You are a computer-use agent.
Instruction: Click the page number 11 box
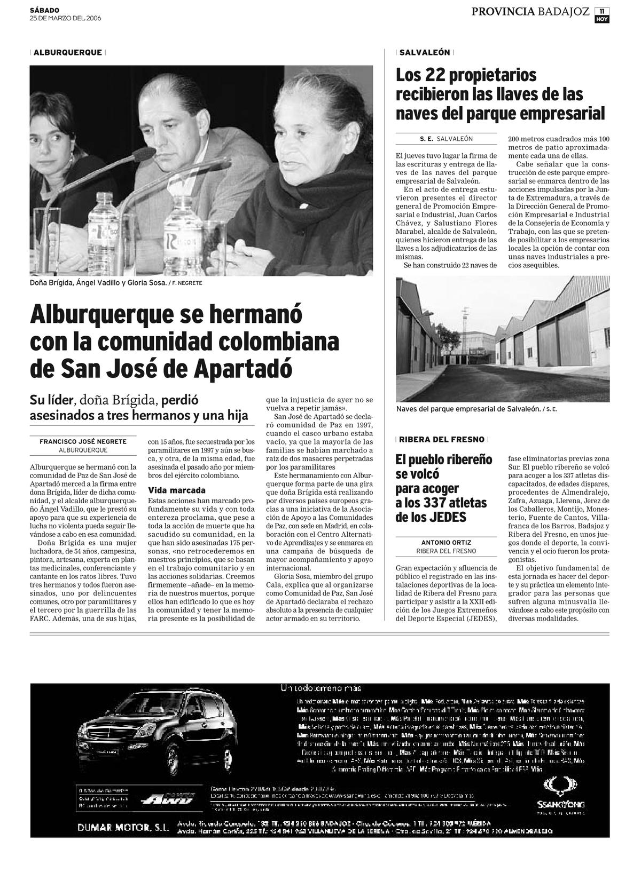pyautogui.click(x=602, y=11)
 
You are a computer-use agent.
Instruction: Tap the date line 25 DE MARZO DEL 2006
pyautogui.click(x=65, y=18)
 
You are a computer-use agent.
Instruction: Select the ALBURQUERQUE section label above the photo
pyautogui.click(x=68, y=52)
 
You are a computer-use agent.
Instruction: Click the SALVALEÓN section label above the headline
pyautogui.click(x=425, y=52)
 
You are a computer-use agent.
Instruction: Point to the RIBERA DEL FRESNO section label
pyautogui.click(x=442, y=439)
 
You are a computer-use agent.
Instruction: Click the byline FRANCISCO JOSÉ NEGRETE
pyautogui.click(x=83, y=441)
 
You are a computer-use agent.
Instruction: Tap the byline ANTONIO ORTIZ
pyautogui.click(x=446, y=542)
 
